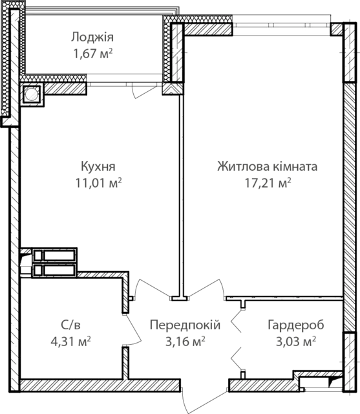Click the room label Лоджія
point(92,38)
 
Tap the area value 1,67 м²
point(93,54)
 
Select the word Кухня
point(98,167)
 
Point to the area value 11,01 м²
point(99,183)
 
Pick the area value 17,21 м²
point(268,183)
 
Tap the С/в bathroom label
point(70,325)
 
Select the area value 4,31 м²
point(70,342)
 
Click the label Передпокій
point(185,325)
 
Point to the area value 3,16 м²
point(185,342)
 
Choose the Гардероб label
point(296,325)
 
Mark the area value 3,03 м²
point(296,342)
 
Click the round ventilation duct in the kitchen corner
point(32,93)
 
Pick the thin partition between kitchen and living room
point(181,195)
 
